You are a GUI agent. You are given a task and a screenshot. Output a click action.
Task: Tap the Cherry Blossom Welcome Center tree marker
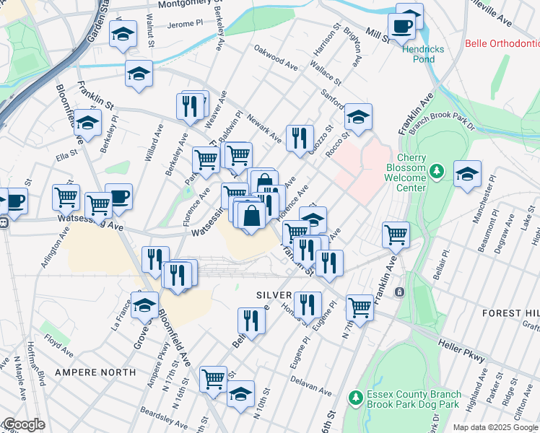[436, 171]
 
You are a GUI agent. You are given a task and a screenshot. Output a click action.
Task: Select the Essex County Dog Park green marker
[354, 398]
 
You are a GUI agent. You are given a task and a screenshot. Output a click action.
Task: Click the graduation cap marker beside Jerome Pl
[123, 33]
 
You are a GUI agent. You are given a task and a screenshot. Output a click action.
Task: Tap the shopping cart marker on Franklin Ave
[396, 233]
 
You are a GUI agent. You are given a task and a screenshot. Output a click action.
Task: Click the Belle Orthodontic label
[502, 43]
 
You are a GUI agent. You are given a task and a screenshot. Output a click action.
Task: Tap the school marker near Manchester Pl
[467, 174]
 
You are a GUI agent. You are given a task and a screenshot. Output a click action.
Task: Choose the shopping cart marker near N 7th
[359, 307]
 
